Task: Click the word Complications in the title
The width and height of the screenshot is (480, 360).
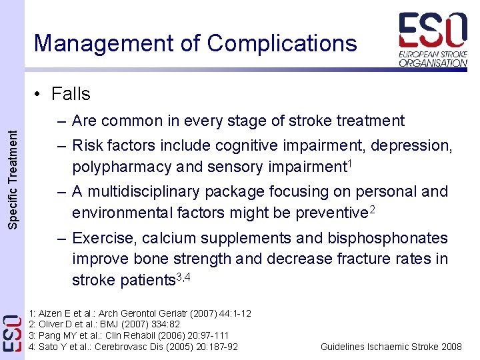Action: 282,43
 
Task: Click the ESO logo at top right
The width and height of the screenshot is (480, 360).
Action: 433,40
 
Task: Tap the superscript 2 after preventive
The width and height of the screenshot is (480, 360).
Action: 373,211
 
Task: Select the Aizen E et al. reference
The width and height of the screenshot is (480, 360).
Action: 140,313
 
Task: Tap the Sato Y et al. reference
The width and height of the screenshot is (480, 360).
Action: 133,347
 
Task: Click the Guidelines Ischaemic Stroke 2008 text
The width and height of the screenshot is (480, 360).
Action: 391,347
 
